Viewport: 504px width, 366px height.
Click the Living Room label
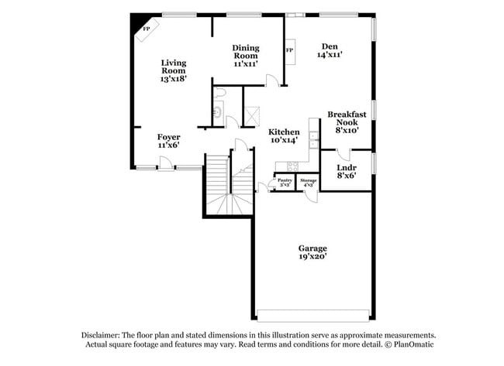pyautogui.click(x=174, y=70)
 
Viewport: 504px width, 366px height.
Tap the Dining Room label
pyautogui.click(x=246, y=56)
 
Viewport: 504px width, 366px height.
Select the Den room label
pyautogui.click(x=330, y=50)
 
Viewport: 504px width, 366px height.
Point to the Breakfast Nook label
pyautogui.click(x=346, y=121)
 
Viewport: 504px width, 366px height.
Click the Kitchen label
pyautogui.click(x=284, y=136)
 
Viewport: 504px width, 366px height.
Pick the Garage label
pyautogui.click(x=312, y=252)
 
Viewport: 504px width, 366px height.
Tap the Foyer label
pyautogui.click(x=168, y=141)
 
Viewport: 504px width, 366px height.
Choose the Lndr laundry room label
pyautogui.click(x=347, y=172)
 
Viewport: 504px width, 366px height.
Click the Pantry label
pyautogui.click(x=284, y=183)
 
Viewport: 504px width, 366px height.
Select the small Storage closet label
pyautogui.click(x=309, y=183)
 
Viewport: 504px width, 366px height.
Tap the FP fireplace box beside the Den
pyautogui.click(x=290, y=50)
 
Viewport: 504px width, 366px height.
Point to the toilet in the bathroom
pyautogui.click(x=221, y=94)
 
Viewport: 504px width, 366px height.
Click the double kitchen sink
pyautogui.click(x=314, y=140)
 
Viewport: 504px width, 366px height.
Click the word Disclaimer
pyautogui.click(x=102, y=335)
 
